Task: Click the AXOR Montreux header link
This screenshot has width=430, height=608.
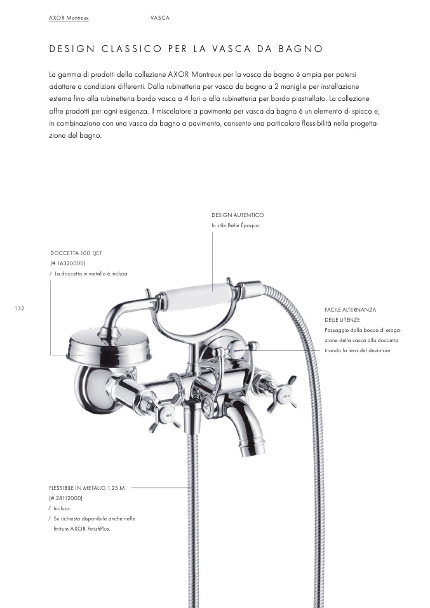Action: pos(69,18)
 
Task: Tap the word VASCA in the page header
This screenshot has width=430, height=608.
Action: pos(160,18)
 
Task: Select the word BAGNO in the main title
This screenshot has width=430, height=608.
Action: pos(301,49)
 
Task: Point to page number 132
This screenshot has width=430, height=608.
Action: pos(20,308)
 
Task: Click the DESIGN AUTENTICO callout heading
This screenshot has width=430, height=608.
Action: pos(238,215)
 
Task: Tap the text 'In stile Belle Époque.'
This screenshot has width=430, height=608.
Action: pos(236,225)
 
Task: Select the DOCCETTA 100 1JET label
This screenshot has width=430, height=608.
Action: pos(76,253)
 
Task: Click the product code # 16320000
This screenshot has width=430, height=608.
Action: pos(68,263)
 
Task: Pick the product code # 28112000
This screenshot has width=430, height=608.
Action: pos(65,498)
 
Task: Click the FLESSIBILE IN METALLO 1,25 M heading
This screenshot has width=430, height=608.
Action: pos(87,488)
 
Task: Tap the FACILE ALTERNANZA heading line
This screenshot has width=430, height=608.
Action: pos(351,310)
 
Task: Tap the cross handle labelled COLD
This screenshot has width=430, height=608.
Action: pos(286,396)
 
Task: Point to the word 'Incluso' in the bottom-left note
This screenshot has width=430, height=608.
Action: pos(62,508)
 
